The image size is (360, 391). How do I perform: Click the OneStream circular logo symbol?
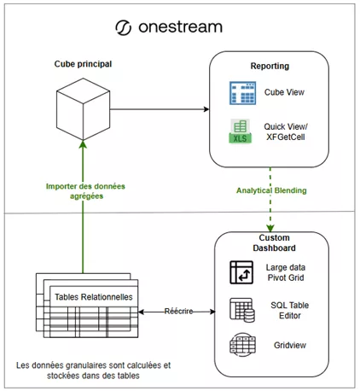click(x=124, y=28)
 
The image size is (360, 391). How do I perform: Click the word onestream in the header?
click(x=180, y=27)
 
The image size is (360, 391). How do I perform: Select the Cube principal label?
click(x=83, y=64)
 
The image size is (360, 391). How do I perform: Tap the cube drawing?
click(x=83, y=109)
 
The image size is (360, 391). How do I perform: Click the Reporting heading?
click(x=270, y=66)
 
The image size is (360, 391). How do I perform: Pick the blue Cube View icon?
click(x=242, y=93)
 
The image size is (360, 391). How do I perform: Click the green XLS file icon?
click(x=241, y=131)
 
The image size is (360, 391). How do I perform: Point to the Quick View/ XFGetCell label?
click(x=286, y=131)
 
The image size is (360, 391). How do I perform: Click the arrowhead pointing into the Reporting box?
click(x=206, y=109)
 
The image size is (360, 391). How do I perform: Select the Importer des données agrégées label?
click(x=85, y=191)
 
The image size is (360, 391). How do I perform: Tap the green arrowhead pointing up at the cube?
click(x=83, y=144)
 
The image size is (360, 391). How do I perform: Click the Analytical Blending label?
click(x=271, y=190)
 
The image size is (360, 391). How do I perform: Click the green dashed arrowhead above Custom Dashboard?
click(x=270, y=228)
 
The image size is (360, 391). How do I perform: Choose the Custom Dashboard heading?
click(x=274, y=242)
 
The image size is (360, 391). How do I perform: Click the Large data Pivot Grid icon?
click(x=241, y=272)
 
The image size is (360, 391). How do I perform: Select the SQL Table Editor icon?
click(x=242, y=310)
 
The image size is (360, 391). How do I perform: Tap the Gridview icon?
click(x=242, y=345)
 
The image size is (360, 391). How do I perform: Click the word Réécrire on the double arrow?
click(x=178, y=312)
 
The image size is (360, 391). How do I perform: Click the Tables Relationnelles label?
click(x=94, y=297)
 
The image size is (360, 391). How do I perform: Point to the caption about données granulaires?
click(x=93, y=371)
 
